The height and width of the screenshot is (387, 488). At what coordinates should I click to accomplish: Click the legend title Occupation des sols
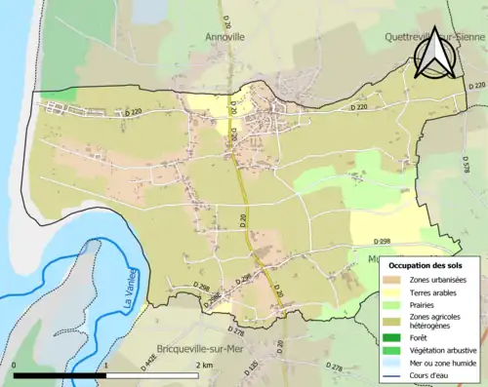427,265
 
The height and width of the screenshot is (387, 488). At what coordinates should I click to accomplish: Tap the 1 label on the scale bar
104,365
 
